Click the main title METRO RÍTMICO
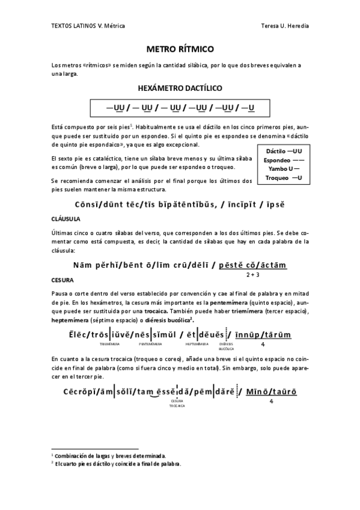click(x=180, y=48)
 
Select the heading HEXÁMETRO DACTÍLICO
click(x=180, y=88)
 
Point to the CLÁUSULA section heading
click(x=66, y=218)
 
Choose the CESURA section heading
click(x=63, y=280)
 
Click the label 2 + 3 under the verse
click(x=252, y=274)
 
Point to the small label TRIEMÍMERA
click(x=108, y=344)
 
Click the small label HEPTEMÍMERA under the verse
click(x=197, y=344)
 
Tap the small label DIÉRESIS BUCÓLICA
click(x=226, y=346)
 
